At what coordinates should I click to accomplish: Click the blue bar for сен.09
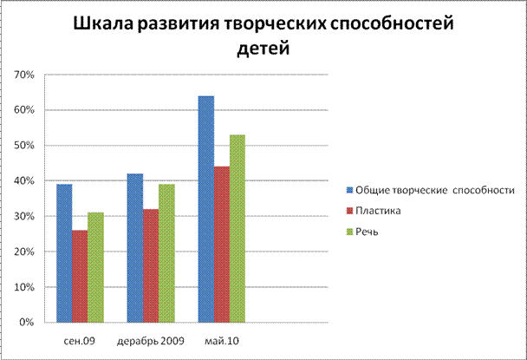pyautogui.click(x=64, y=252)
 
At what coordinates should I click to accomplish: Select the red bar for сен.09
pyautogui.click(x=80, y=276)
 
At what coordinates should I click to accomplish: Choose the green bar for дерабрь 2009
pyautogui.click(x=166, y=252)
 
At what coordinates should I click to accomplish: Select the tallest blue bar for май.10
pyautogui.click(x=205, y=208)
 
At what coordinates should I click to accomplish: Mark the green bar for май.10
pyautogui.click(x=237, y=228)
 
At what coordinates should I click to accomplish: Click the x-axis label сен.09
pyautogui.click(x=79, y=339)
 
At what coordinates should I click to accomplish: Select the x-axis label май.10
pyautogui.click(x=221, y=339)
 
